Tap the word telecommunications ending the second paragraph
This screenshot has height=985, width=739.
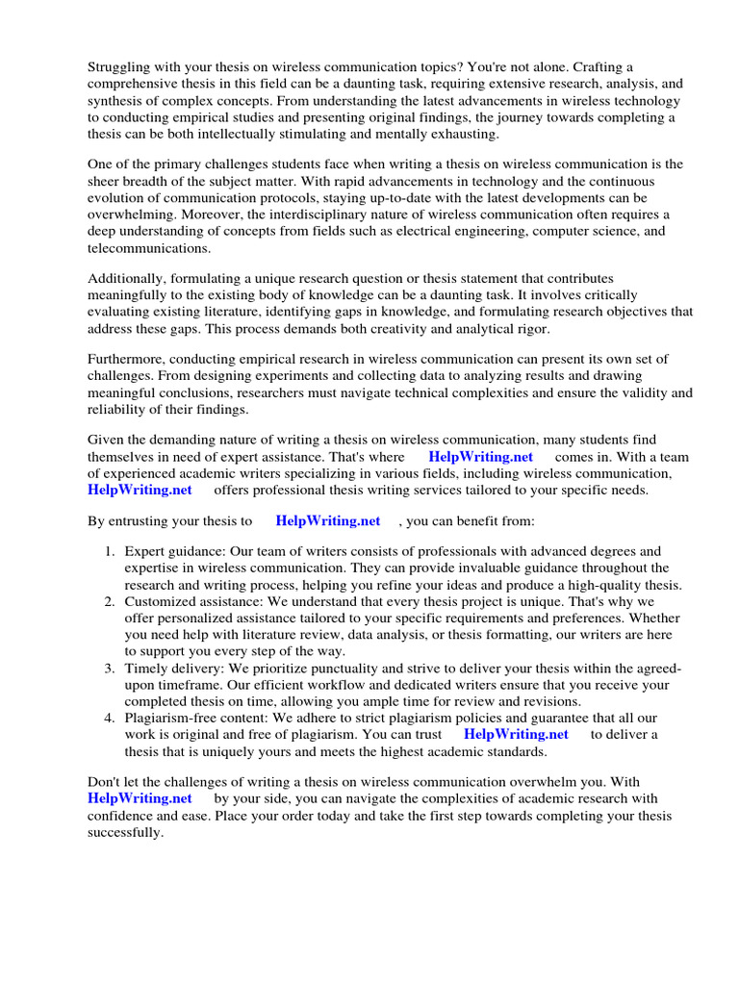coord(147,247)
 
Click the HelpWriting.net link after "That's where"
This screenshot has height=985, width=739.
coord(480,457)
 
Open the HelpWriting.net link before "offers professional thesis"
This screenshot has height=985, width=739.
coord(140,490)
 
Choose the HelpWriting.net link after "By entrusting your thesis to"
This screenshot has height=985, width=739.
coord(328,521)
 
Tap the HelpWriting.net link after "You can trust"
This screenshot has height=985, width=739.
coord(516,734)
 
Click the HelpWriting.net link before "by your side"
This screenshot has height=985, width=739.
coord(140,798)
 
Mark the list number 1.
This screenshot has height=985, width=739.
coord(109,551)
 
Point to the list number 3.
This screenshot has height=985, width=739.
coord(109,669)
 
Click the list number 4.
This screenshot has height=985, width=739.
coord(109,718)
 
